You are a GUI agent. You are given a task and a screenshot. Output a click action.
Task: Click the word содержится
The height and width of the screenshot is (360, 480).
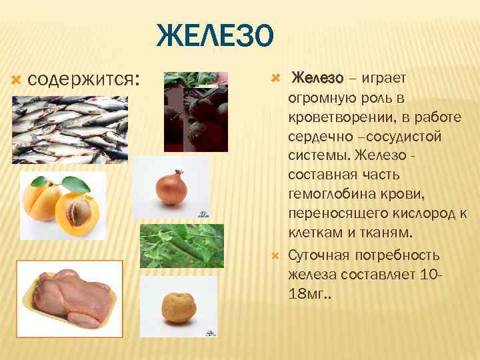coord(83,79)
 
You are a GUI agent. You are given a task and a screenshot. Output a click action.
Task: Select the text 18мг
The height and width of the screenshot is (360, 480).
coord(307,293)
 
